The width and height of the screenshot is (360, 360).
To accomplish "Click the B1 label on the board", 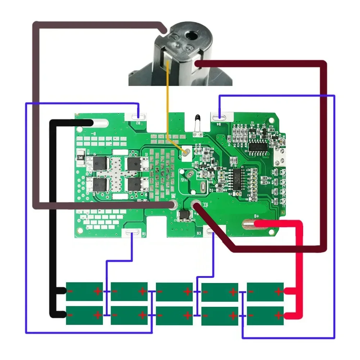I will [144, 234].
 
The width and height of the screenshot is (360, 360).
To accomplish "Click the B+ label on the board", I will [257, 216].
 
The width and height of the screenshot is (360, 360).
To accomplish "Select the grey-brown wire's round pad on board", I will [174, 205].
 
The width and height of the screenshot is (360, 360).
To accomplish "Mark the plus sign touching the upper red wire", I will [278, 291].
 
